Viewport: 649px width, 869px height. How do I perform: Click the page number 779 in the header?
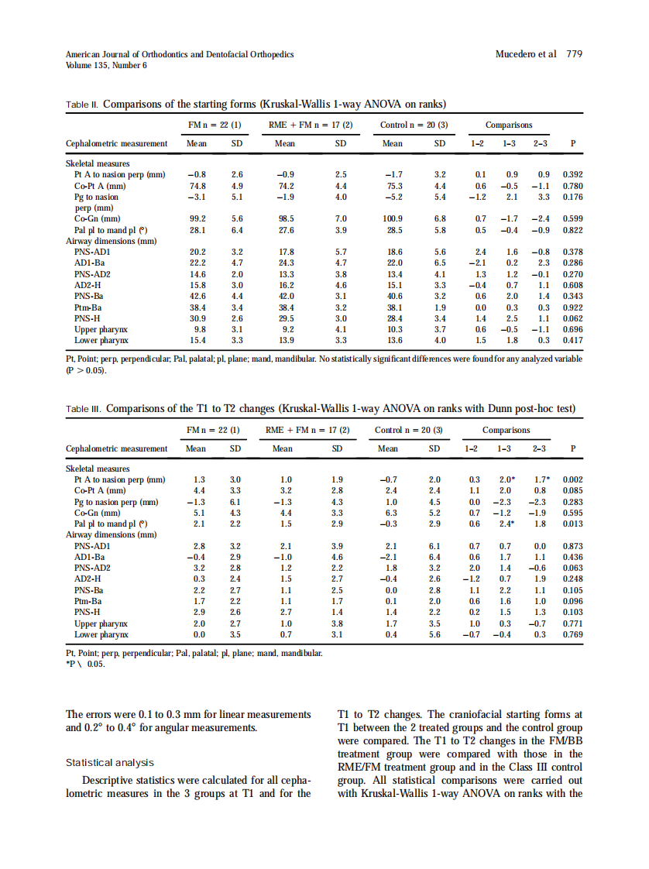575,54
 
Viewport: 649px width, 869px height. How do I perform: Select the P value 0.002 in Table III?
572,479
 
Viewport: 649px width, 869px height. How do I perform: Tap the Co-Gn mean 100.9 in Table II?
393,219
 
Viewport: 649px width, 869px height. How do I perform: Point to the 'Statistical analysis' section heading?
109,763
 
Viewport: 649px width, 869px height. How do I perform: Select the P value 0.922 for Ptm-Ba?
572,307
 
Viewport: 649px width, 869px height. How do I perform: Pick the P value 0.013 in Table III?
572,523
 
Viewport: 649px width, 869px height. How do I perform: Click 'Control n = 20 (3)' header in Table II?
414,125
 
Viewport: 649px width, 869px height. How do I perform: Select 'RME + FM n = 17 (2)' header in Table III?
308,430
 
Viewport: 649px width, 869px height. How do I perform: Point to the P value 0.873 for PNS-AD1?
572,546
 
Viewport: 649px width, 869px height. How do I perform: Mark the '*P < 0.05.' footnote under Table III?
86,664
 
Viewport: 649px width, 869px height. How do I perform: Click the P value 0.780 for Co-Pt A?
572,186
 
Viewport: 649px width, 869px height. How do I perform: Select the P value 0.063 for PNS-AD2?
572,568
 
